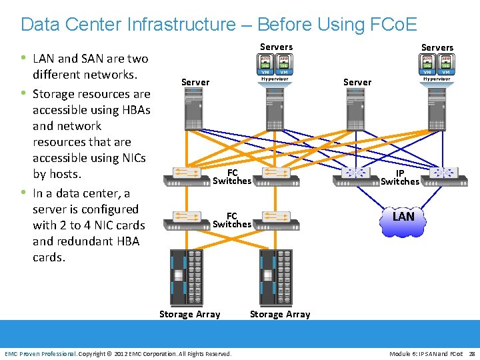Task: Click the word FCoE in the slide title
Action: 391,25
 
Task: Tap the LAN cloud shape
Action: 403,217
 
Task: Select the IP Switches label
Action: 400,177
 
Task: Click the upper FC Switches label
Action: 232,177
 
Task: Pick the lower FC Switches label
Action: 232,220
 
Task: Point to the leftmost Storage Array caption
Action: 189,314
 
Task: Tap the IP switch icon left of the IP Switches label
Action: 355,173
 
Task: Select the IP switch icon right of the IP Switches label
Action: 445,173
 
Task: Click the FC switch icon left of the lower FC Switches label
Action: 189,217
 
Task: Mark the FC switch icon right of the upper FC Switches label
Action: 276,173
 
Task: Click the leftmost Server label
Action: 195,82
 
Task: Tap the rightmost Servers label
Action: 437,47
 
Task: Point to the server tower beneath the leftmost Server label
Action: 194,110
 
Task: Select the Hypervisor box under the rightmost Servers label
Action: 437,79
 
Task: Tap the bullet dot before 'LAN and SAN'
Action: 25,58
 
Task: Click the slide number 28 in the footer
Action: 471,353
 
